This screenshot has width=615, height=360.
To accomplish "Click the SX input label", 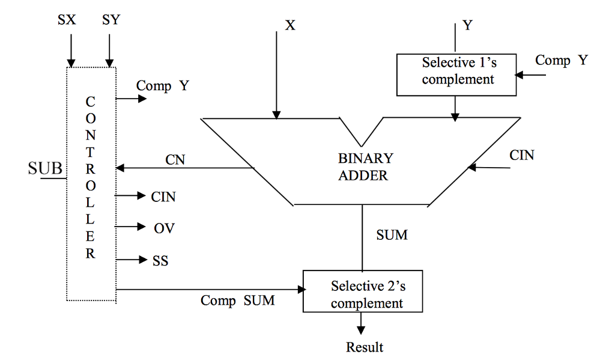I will click(67, 20).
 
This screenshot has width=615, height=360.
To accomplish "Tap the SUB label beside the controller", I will click(45, 168).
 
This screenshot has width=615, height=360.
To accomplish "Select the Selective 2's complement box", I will click(362, 291).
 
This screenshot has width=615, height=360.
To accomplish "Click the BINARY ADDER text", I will click(365, 166).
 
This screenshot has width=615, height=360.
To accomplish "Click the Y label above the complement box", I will click(467, 26).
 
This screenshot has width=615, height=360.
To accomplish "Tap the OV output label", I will click(163, 228).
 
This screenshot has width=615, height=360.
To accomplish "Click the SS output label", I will click(160, 261).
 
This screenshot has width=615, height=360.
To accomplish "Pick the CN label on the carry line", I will click(175, 159).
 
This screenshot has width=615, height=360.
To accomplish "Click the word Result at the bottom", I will click(364, 347).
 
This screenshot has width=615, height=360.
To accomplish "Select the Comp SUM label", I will click(237, 301).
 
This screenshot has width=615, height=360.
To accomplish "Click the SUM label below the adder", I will click(392, 235).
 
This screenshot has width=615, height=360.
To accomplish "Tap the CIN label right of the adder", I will click(521, 155).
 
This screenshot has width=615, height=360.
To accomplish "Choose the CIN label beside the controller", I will click(163, 196).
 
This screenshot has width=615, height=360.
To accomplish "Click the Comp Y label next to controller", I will click(162, 86).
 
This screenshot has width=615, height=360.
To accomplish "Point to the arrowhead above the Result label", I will click(361, 330).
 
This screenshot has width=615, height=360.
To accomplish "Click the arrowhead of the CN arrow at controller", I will click(120, 168).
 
